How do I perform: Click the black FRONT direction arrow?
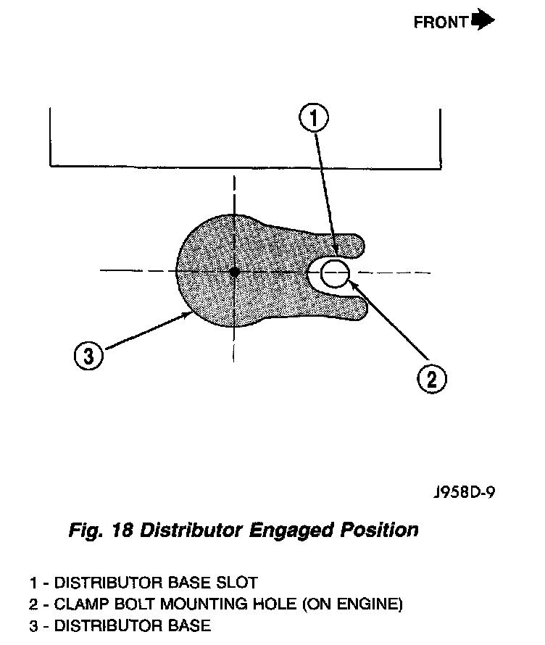coord(483,20)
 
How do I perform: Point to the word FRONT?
coord(441,22)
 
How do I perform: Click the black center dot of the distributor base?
coord(234,271)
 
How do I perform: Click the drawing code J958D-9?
coord(464,494)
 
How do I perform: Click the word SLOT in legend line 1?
coord(237,582)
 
